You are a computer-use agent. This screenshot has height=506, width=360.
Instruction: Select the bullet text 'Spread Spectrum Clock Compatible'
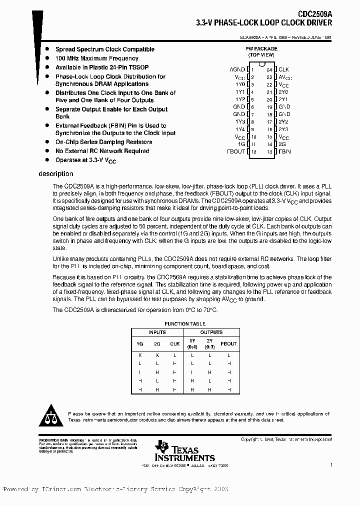click(104, 49)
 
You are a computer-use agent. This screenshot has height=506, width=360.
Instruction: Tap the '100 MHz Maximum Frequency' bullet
click(96, 58)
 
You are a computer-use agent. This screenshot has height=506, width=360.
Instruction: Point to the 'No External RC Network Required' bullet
click(102, 151)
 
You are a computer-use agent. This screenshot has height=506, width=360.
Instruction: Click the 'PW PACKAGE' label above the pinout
click(261, 48)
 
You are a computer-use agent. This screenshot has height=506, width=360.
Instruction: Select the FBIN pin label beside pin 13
click(284, 151)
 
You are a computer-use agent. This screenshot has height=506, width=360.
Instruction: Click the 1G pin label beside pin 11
click(241, 143)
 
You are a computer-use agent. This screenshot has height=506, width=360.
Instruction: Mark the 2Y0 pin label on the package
click(283, 92)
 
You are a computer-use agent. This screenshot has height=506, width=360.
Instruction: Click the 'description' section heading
click(55, 174)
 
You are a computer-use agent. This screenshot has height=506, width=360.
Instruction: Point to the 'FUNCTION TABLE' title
click(184, 324)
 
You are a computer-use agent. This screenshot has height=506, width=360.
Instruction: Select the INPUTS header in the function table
click(157, 332)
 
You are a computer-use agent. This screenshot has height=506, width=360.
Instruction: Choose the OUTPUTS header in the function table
click(211, 332)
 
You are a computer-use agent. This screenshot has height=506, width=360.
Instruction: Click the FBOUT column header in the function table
click(228, 344)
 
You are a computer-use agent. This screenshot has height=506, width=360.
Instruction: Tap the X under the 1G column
click(139, 355)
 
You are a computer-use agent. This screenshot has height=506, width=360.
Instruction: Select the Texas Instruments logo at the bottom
click(185, 451)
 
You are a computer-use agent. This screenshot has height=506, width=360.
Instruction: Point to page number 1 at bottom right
click(331, 465)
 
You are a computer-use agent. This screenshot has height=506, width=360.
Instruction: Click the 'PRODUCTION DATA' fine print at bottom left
click(50, 440)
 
